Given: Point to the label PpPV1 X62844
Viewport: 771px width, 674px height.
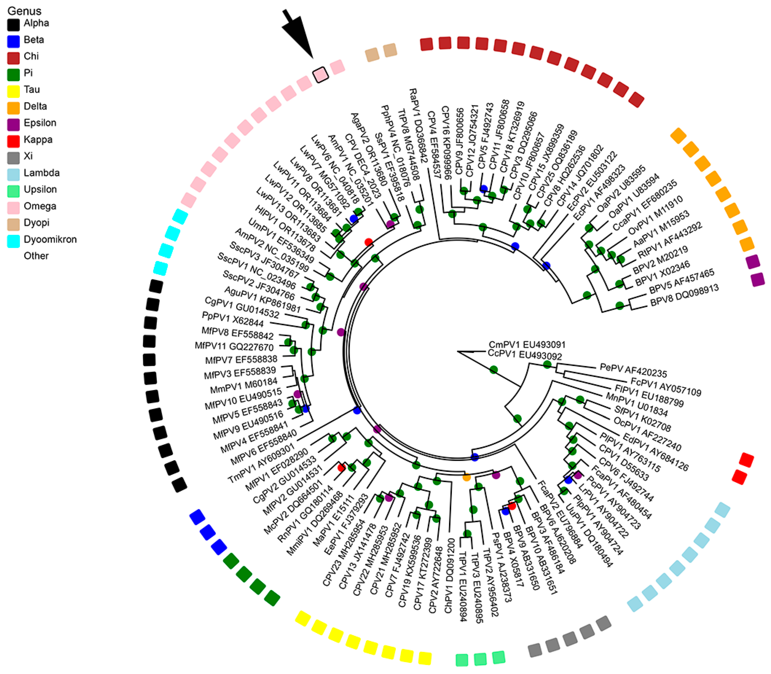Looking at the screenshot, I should pyautogui.click(x=233, y=319).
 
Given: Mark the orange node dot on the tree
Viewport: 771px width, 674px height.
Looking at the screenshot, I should pyautogui.click(x=466, y=477).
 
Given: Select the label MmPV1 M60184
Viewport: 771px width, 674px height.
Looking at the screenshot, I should pyautogui.click(x=244, y=386).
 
